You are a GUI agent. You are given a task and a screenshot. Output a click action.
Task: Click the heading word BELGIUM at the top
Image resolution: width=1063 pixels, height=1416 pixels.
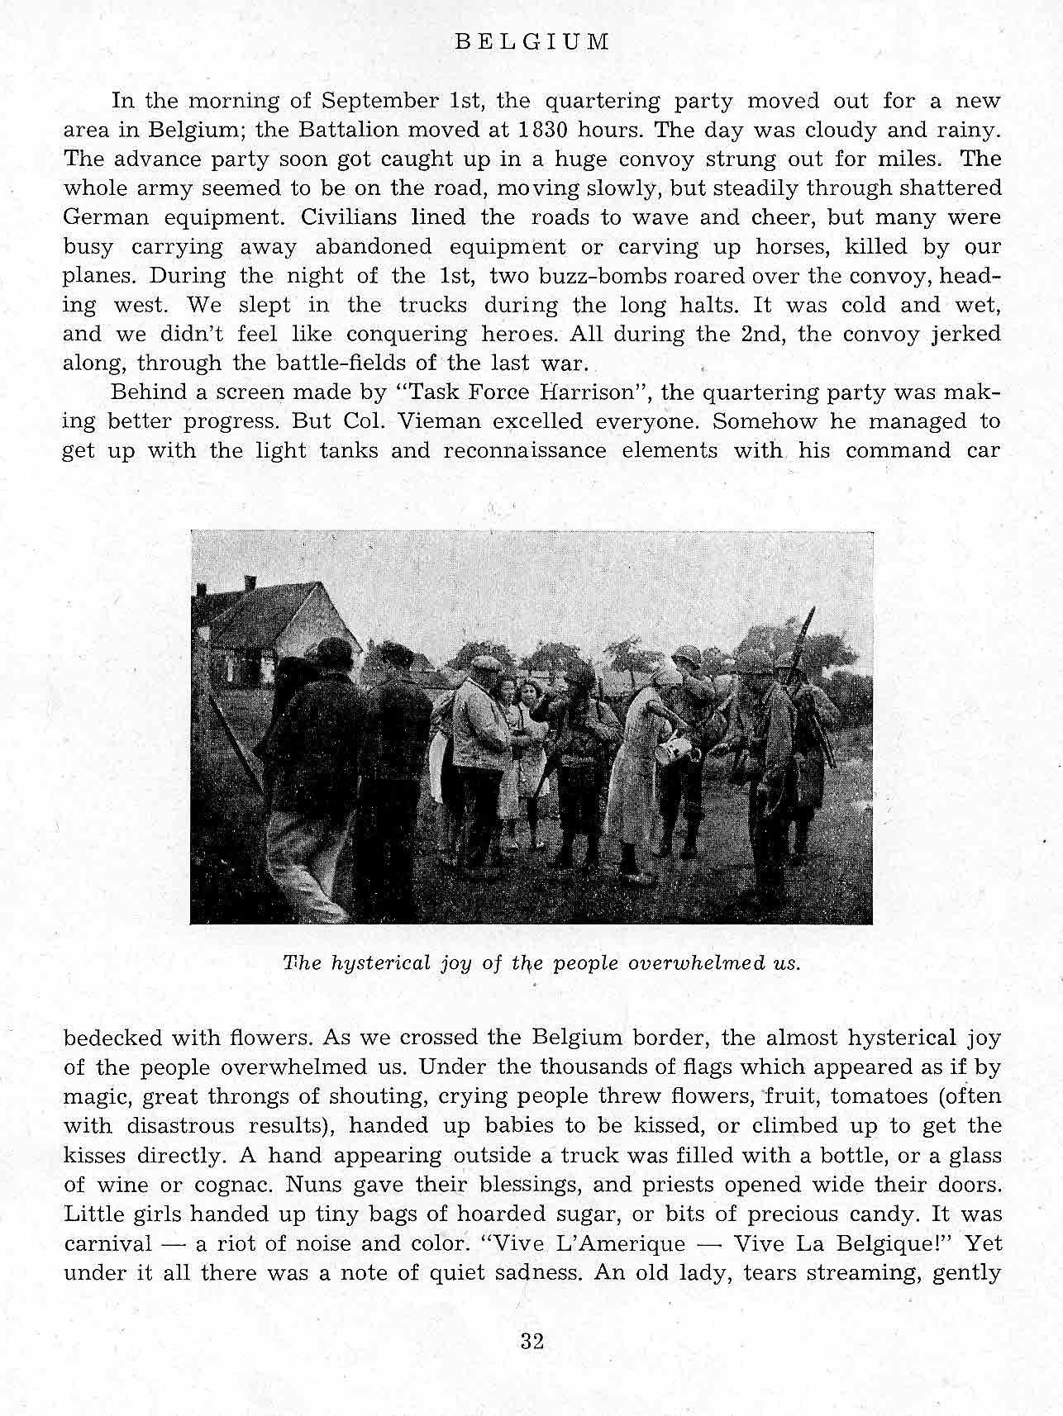pos(532,42)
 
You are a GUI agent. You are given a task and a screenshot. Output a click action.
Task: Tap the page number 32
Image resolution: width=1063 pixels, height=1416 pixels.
pos(532,1342)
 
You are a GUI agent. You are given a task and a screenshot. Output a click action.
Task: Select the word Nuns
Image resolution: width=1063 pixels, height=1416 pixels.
pos(311,1185)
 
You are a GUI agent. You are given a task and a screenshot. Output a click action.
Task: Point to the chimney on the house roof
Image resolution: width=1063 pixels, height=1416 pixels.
pos(250,582)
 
